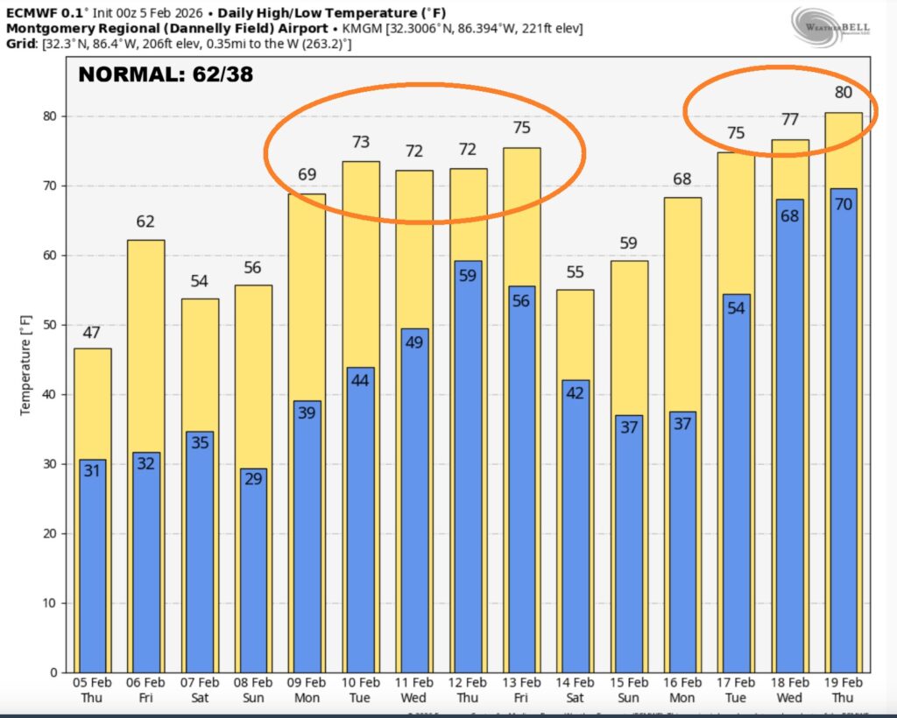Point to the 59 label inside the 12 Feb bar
468,275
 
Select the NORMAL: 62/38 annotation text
166,74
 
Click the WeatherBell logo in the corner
830,29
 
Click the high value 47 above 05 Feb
92,333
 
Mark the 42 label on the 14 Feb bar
575,393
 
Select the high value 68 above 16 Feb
682,179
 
